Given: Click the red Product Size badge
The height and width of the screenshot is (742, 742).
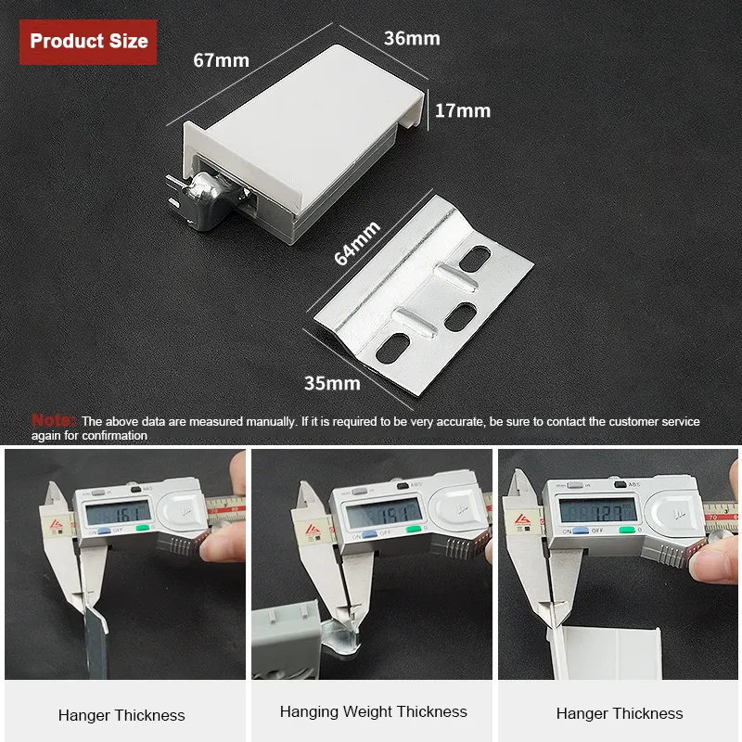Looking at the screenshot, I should (x=88, y=42).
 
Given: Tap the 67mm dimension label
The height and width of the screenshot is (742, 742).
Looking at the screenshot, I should (x=221, y=60).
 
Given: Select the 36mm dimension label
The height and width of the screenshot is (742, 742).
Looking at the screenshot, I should (x=412, y=38).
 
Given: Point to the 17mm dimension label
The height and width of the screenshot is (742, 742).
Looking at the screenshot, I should (x=463, y=110).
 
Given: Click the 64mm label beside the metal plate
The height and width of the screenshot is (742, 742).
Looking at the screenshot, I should (x=356, y=244).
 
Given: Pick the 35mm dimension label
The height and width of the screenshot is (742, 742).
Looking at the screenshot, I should (x=331, y=382).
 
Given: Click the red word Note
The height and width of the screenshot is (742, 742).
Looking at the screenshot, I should (x=54, y=420).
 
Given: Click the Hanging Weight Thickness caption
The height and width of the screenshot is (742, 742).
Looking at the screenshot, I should (x=373, y=712).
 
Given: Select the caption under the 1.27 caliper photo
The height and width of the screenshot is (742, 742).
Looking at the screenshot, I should (x=620, y=713).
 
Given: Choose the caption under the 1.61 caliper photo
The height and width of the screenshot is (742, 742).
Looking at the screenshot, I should (x=122, y=715).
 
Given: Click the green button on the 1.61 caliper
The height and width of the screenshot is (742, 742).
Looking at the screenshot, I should (x=142, y=531).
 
